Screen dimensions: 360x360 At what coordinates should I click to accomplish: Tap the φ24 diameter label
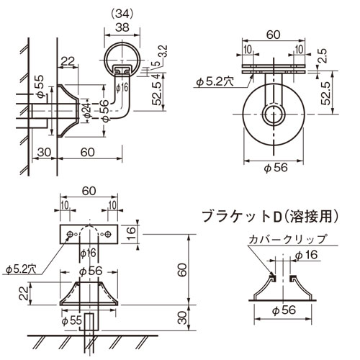tap(86, 109)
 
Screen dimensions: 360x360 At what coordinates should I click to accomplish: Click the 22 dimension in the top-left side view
tap(68, 63)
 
